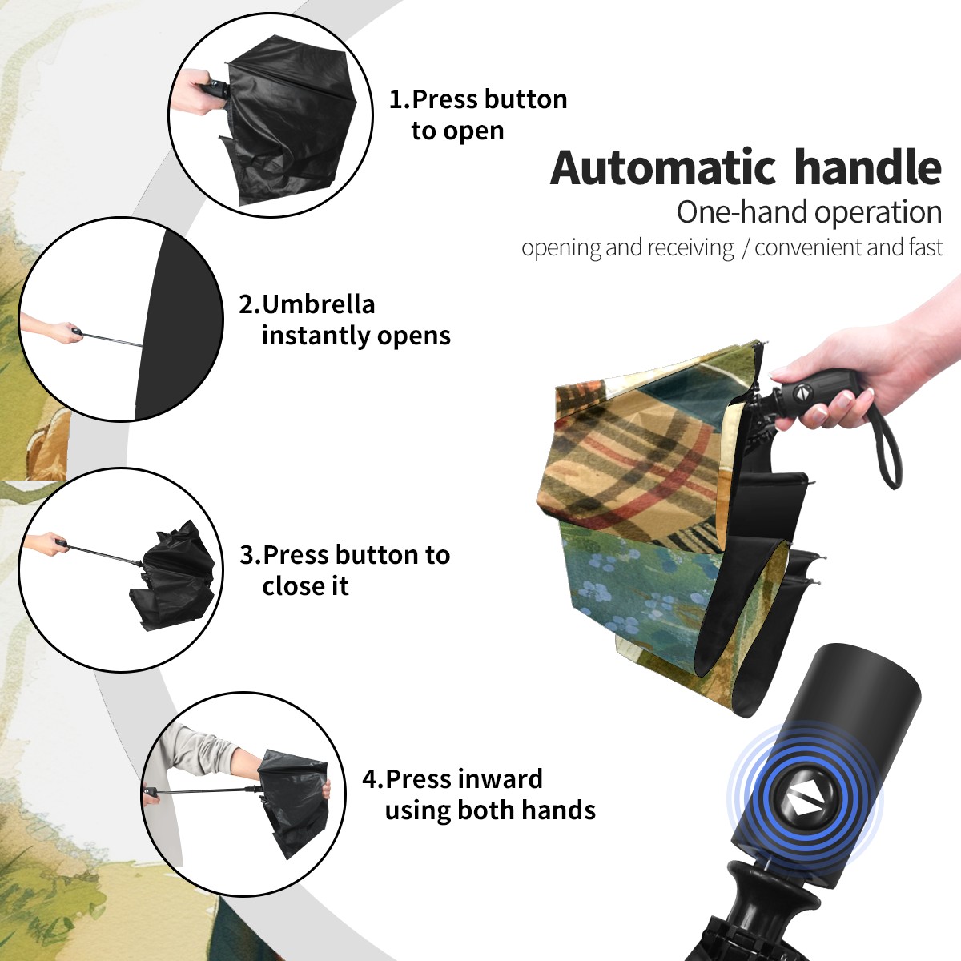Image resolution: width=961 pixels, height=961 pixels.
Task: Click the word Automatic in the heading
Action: [662, 168]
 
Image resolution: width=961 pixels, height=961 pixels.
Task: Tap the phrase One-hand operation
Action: [809, 212]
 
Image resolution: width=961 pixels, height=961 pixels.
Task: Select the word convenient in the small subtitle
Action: [809, 247]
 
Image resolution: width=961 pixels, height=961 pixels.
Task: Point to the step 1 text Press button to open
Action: [478, 115]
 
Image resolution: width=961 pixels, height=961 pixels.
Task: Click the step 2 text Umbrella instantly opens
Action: [344, 320]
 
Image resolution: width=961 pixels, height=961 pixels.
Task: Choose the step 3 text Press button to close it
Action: [344, 570]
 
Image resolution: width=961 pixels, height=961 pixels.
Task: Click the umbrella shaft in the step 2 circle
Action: [113, 340]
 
